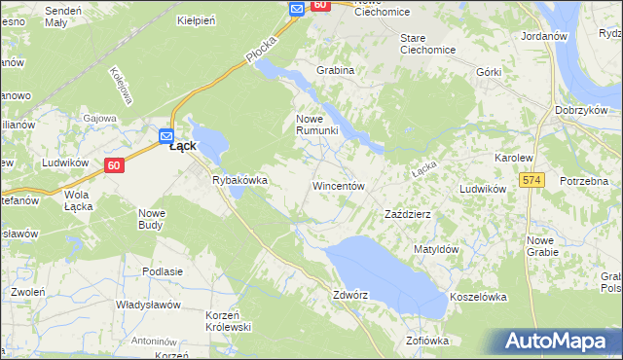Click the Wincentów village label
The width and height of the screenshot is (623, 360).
(x=338, y=185)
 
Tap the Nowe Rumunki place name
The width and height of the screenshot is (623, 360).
(x=316, y=125)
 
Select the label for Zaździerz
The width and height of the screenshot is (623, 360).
(x=408, y=213)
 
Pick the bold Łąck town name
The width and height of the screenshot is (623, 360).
(x=183, y=146)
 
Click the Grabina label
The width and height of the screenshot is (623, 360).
(x=335, y=70)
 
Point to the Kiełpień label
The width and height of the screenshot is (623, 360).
(x=195, y=19)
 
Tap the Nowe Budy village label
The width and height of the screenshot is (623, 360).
(x=151, y=219)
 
